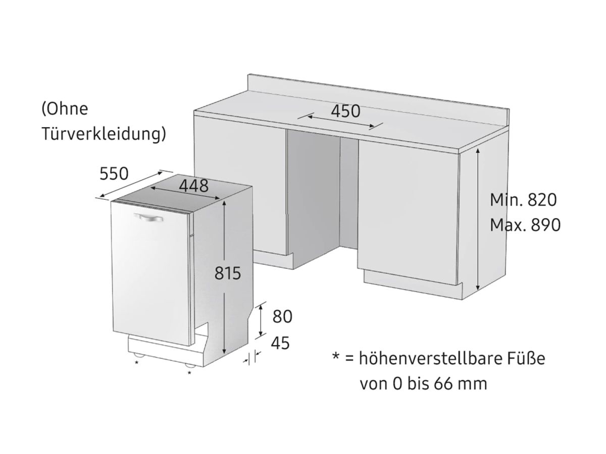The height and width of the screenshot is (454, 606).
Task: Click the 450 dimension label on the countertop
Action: coord(345,111)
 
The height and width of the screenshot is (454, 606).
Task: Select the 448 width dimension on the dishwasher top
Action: coord(193,186)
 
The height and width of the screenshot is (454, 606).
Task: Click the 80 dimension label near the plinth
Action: coord(282,316)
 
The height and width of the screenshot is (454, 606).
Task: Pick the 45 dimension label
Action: coord(280,343)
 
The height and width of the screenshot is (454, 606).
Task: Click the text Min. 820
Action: coord(523,200)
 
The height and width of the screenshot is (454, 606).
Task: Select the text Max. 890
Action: coord(525,225)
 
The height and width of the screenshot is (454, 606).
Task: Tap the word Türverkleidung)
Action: coord(104,134)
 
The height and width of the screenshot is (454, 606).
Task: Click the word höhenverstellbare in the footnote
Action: coord(430,359)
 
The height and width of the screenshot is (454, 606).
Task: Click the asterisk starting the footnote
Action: coord(335,358)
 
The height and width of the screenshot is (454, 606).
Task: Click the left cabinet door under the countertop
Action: coord(240,192)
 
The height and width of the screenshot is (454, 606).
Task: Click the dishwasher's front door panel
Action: coord(151,277)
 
